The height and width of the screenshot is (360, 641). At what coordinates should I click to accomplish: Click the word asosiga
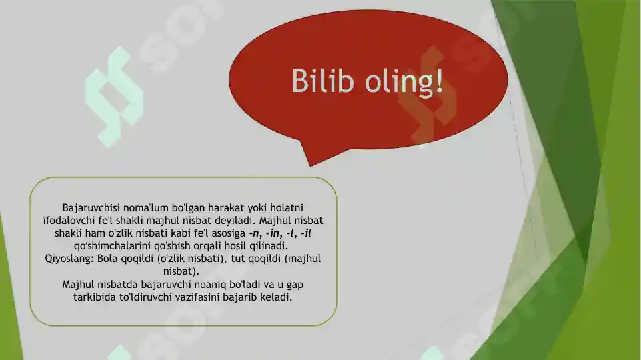tap(225, 233)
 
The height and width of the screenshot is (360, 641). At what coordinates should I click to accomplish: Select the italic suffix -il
tap(306, 233)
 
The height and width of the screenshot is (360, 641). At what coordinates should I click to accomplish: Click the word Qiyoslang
tap(68, 259)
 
